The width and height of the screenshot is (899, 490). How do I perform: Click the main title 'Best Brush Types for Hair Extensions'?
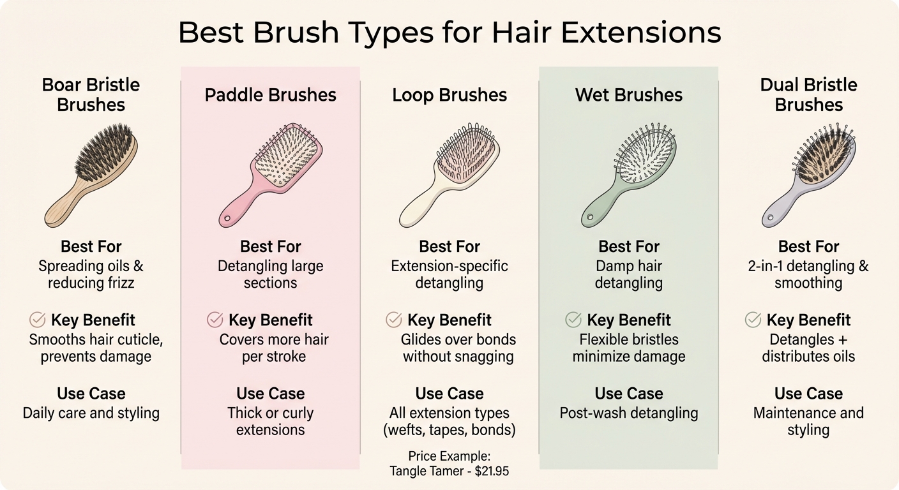[450, 33]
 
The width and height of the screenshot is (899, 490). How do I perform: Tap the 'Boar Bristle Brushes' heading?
[91, 94]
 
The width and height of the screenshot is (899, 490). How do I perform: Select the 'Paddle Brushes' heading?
[270, 95]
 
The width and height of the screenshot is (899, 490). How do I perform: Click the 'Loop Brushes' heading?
[450, 95]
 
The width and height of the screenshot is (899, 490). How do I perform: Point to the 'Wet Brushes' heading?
[629, 95]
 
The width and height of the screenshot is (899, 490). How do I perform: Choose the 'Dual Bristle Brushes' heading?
[808, 94]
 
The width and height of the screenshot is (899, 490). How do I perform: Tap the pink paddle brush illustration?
[270, 172]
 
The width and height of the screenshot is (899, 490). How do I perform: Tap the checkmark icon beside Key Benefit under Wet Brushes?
[574, 320]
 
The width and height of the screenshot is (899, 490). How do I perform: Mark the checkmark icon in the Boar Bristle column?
[38, 320]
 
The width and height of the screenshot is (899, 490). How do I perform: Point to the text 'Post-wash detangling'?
[629, 413]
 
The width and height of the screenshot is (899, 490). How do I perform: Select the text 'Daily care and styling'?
[91, 413]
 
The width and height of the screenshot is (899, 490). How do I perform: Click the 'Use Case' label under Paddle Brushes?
[270, 393]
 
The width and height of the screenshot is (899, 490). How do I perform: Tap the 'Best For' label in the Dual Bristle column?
[808, 246]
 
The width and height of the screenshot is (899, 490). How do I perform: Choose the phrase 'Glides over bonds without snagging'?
[458, 348]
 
